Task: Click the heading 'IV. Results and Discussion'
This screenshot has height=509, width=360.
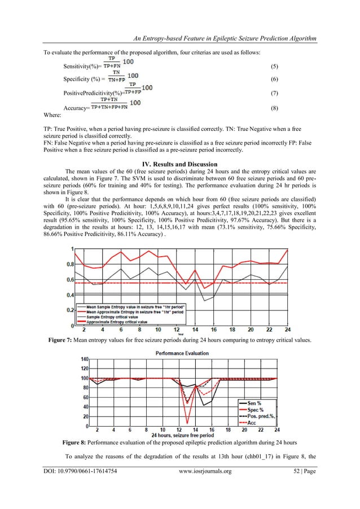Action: [180, 163]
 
